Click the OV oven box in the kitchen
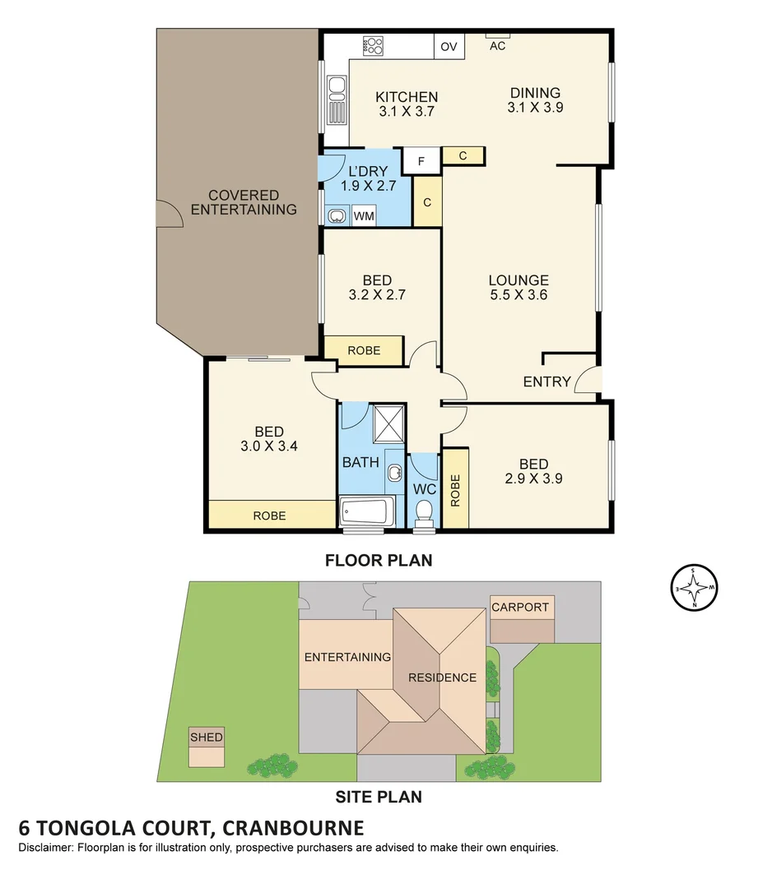coord(449,47)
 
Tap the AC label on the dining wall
coord(498,46)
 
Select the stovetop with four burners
coord(373,45)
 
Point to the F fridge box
coord(421,161)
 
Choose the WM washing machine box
coord(363,216)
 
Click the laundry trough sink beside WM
coord(337,216)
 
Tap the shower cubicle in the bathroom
coord(386,424)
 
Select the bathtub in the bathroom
coord(368,513)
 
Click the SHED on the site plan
coord(207,745)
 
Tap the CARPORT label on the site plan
coord(520,608)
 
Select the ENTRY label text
coord(547,382)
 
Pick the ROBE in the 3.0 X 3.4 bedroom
coord(270,516)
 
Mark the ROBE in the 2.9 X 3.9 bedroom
coord(455,491)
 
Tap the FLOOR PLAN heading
coord(379,561)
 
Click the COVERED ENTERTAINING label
coord(244,202)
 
